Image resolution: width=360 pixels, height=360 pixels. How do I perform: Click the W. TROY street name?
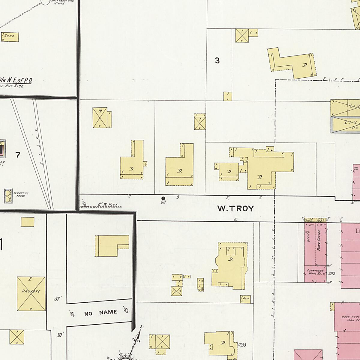[x=235, y=208]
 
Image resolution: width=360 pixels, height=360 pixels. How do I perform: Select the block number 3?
[x=217, y=61]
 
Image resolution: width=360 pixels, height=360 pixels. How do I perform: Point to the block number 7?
[x=18, y=155]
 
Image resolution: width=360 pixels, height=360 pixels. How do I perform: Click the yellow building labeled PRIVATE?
[x=31, y=294]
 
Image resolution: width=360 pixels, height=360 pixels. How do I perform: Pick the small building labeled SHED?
[x=10, y=37]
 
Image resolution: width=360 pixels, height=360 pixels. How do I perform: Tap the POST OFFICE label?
[x=319, y=240]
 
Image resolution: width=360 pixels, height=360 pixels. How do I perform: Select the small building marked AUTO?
[x=245, y=299]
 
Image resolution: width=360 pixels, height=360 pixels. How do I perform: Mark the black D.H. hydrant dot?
[x=163, y=198]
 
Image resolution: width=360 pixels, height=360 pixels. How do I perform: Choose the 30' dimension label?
[x=60, y=335]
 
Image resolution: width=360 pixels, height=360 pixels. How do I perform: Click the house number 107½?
[x=331, y=273]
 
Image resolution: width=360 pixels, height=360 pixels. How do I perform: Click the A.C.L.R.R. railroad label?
[x=39, y=147]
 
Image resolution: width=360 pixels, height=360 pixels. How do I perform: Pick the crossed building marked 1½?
[x=100, y=118]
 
